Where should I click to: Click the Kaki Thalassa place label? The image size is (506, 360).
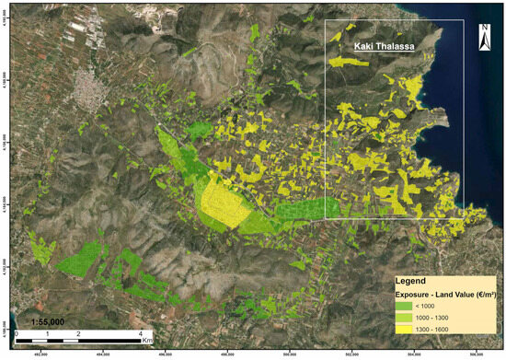click(x=378, y=43)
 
